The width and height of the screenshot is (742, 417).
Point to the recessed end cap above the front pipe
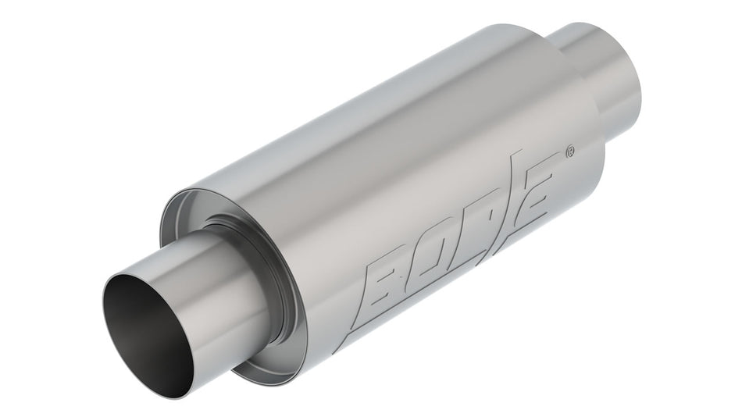point(195,211)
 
